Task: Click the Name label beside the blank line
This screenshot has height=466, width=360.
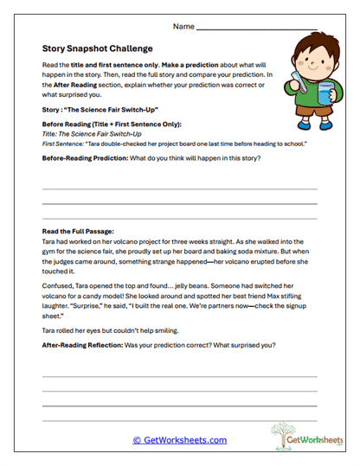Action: point(183,27)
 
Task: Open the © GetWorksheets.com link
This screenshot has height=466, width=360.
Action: point(179,440)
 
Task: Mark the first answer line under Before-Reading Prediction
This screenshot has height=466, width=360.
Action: point(179,188)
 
